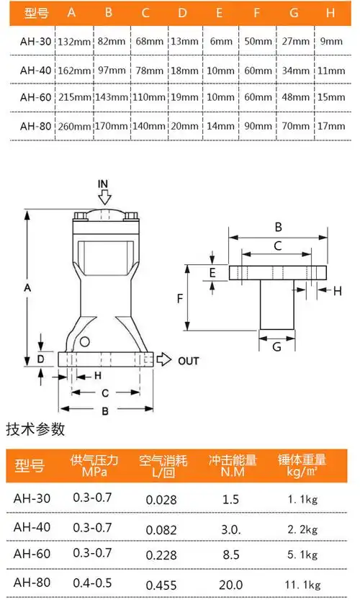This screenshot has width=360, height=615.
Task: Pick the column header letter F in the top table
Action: tap(257, 13)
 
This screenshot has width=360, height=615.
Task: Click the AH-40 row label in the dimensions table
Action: tap(33, 70)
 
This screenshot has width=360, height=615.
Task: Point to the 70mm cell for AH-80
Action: tap(294, 125)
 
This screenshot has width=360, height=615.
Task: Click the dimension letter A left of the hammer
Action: tap(27, 287)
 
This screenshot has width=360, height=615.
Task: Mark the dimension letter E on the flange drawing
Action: tap(212, 272)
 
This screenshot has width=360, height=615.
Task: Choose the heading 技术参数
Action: tap(35, 430)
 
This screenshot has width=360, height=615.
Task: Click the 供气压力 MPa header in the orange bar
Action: tap(94, 465)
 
